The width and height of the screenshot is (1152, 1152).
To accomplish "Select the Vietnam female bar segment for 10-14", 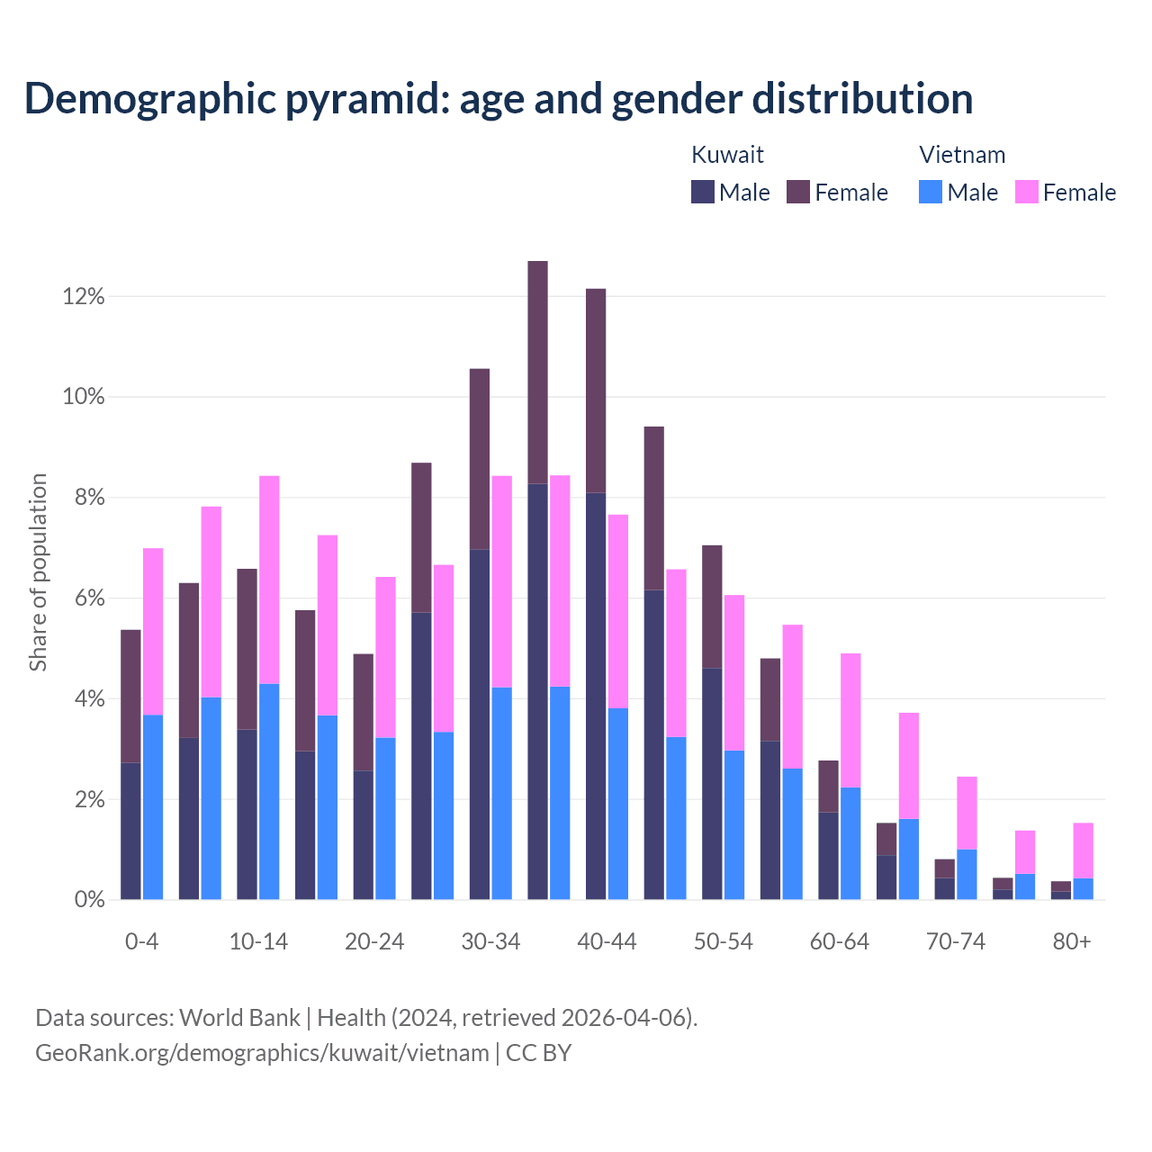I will click(269, 580).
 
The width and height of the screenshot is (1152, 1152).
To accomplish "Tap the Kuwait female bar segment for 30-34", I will click(480, 459).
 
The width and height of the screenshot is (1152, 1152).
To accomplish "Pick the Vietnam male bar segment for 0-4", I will click(153, 806).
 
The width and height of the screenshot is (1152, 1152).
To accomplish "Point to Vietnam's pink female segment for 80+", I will click(1084, 850).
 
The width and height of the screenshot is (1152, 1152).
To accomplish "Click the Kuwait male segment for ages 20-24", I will click(363, 834).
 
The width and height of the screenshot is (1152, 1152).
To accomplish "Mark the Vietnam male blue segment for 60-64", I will click(850, 843).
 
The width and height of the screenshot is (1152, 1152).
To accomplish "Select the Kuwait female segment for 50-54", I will click(712, 607).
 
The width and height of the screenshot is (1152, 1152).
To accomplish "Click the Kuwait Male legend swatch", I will click(703, 192).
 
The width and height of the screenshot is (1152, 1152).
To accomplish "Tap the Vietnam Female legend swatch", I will click(1027, 192).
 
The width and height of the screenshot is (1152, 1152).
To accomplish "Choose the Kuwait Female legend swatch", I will click(798, 192).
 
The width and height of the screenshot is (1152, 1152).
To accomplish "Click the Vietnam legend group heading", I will click(962, 155).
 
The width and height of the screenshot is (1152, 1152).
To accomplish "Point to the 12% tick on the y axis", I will click(84, 296).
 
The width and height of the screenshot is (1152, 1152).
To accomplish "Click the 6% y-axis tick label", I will click(88, 598).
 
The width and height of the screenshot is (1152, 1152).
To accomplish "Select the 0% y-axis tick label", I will click(88, 900).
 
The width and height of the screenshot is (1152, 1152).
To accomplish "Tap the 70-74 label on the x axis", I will click(956, 942).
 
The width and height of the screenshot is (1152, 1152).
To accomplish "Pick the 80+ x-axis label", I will click(1072, 942).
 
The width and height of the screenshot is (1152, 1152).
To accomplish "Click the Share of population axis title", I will click(39, 572).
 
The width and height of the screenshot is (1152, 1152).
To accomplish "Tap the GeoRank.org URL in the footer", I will click(262, 1052).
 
